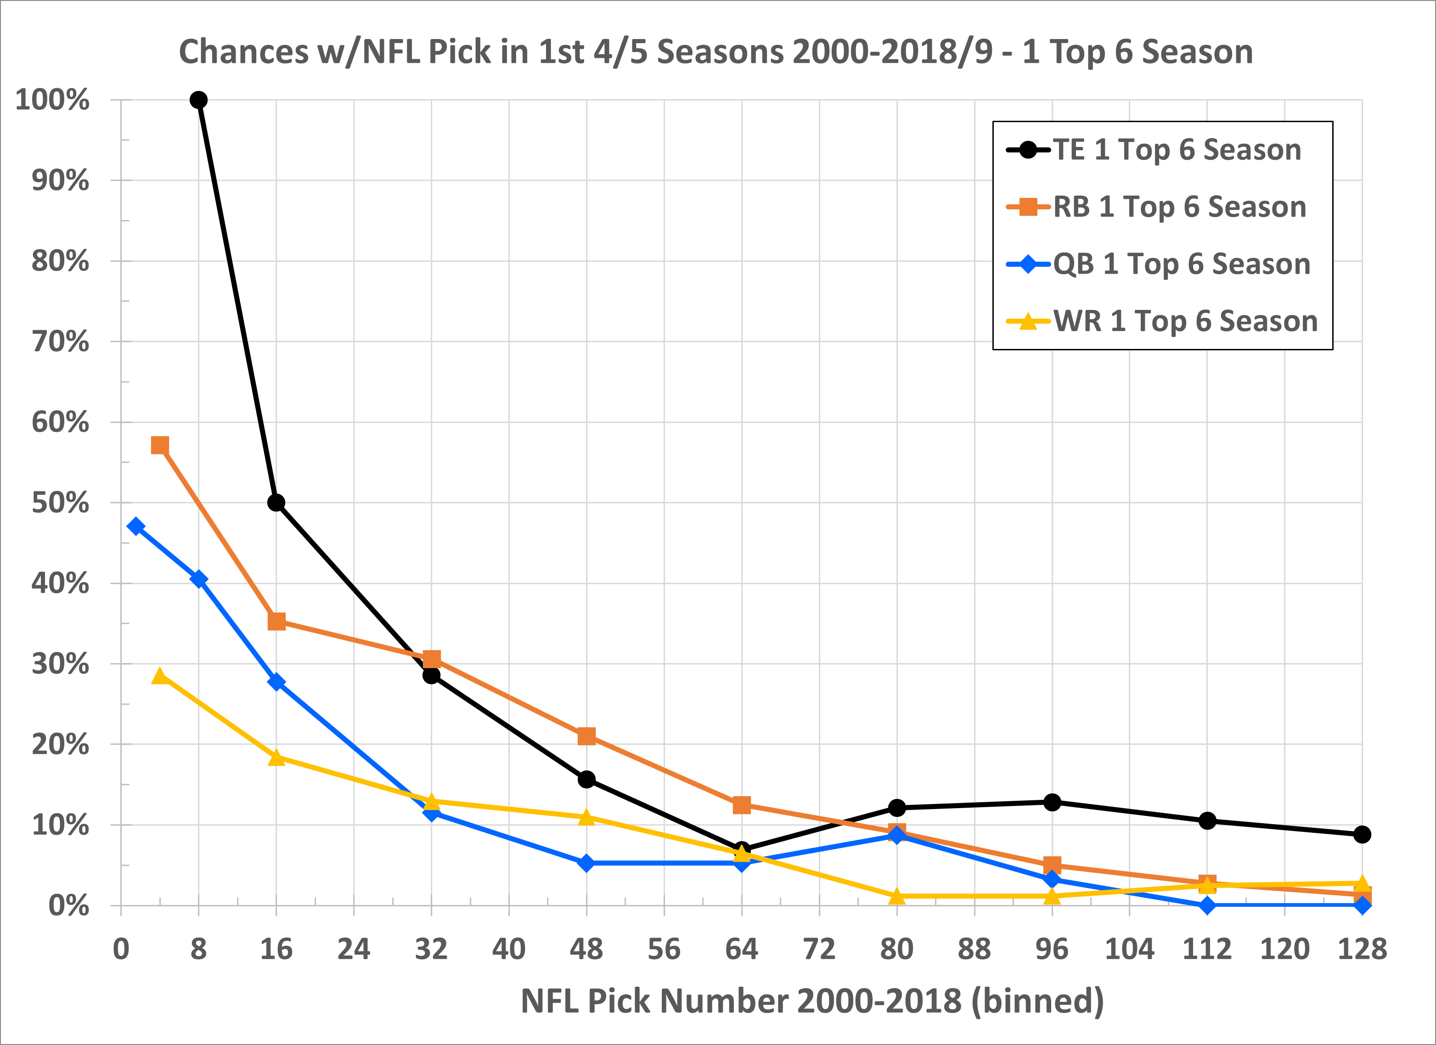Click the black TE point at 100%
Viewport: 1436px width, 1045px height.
pyautogui.click(x=198, y=100)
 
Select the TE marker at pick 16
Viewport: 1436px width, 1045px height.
pyautogui.click(x=276, y=503)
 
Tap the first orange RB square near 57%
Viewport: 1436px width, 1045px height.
pyautogui.click(x=160, y=446)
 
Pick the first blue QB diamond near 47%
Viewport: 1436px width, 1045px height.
pyautogui.click(x=135, y=526)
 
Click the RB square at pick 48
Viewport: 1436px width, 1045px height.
pyautogui.click(x=586, y=736)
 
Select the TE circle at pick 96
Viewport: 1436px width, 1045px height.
pyautogui.click(x=1052, y=802)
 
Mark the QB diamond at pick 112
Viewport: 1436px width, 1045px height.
pyautogui.click(x=1207, y=905)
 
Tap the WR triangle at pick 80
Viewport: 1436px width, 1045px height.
pyautogui.click(x=896, y=896)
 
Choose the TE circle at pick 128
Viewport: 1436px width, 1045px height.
pyautogui.click(x=1362, y=834)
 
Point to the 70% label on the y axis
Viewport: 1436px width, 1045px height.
pyautogui.click(x=61, y=342)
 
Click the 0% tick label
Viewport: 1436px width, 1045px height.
pyautogui.click(x=68, y=906)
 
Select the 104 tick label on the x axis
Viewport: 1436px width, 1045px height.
pyautogui.click(x=1129, y=949)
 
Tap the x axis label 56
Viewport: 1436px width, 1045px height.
pyautogui.click(x=664, y=949)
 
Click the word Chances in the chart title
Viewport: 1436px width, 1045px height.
pyautogui.click(x=244, y=51)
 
